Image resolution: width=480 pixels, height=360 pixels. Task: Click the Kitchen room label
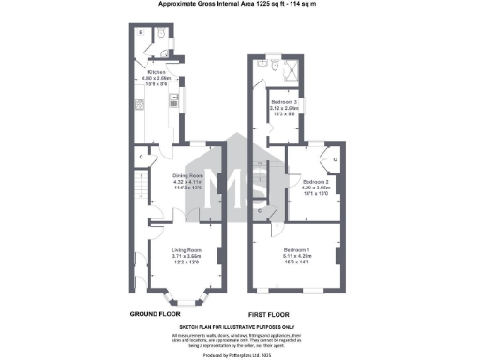click(156, 71)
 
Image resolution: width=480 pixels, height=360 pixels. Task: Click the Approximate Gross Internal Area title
click(238, 5)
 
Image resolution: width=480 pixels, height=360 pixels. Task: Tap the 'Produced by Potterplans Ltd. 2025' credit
click(239, 354)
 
